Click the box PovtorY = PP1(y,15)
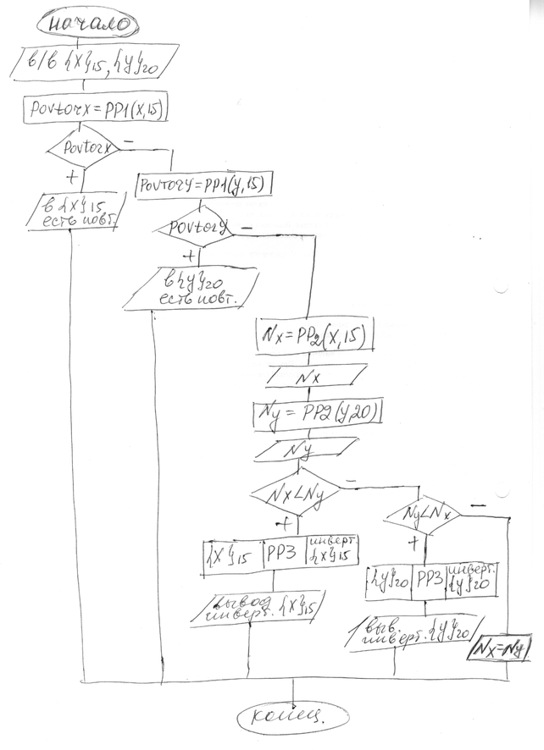point(203,184)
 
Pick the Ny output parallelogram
point(309,446)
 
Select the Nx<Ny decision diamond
point(293,489)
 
